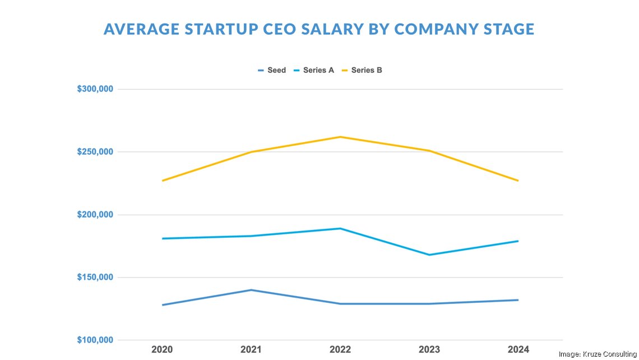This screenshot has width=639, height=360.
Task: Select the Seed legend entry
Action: point(272,71)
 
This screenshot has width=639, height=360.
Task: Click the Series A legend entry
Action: point(314,71)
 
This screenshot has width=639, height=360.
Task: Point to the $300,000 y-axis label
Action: point(95,89)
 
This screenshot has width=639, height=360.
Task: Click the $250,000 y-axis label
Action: point(95,152)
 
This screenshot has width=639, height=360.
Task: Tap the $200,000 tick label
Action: point(95,215)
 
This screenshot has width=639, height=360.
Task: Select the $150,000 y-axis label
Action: point(95,278)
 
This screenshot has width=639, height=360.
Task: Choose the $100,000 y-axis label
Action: point(95,340)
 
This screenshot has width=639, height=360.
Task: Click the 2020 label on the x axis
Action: point(162,350)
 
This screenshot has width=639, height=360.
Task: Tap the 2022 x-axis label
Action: point(340,350)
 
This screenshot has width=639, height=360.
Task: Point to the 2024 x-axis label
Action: point(518,350)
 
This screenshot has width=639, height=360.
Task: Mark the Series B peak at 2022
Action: point(340,137)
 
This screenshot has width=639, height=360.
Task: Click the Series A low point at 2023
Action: point(429,255)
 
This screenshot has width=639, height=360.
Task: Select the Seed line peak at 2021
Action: point(251,290)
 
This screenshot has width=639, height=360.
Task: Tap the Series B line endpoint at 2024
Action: point(518,181)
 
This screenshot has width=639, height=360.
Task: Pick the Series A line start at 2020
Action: point(163,238)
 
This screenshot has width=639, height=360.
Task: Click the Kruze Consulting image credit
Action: point(598,354)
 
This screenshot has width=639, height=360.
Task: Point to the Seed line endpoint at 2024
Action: point(518,300)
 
